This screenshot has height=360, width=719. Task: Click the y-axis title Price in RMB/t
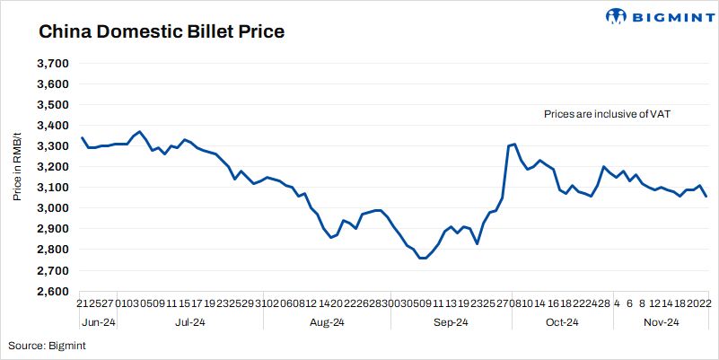(17, 163)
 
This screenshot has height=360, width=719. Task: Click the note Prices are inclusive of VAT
(607, 115)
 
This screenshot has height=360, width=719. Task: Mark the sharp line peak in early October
(514, 144)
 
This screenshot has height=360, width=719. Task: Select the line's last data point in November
(706, 196)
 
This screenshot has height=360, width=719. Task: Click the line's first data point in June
(82, 137)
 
